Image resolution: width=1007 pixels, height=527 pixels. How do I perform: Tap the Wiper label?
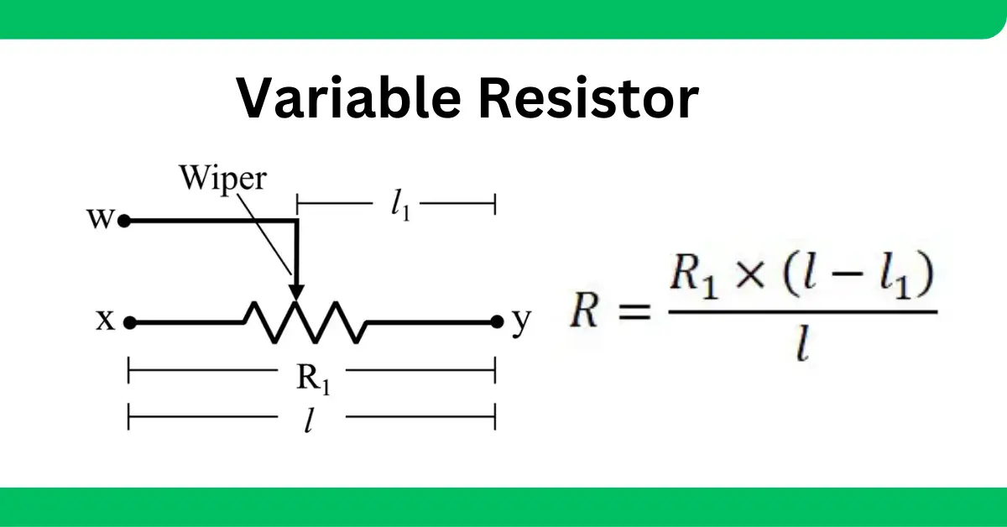(223, 179)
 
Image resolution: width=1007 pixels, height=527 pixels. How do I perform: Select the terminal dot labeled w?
(123, 222)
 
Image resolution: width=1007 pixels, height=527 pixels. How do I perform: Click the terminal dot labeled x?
(129, 322)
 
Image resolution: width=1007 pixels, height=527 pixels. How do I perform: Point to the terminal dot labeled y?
(497, 322)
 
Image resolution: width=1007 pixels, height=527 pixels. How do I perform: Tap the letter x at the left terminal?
(106, 321)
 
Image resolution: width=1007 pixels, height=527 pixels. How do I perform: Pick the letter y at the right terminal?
(521, 321)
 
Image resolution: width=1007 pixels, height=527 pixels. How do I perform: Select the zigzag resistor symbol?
(305, 322)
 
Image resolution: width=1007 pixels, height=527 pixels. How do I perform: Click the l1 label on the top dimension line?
(399, 206)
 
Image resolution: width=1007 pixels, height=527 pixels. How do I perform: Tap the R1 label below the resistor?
(313, 378)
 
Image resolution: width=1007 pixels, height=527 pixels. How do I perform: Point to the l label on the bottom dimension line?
(309, 420)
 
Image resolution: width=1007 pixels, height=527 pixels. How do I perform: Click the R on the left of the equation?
(584, 311)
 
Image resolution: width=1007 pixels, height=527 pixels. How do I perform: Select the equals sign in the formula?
(634, 311)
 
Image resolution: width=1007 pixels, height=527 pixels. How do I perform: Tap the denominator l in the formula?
(802, 344)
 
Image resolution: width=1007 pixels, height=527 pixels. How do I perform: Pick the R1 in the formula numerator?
(693, 275)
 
